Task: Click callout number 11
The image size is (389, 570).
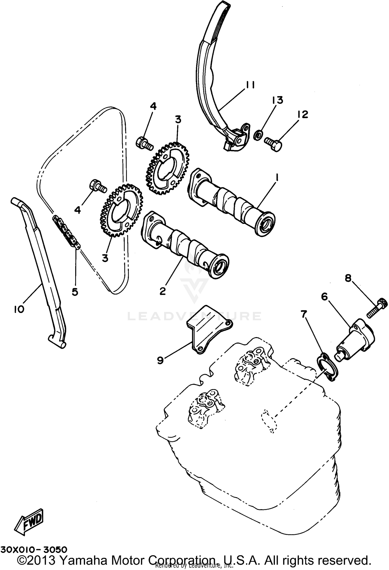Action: [x=250, y=85]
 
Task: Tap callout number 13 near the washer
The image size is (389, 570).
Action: [x=277, y=100]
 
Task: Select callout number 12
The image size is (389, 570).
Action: [x=302, y=114]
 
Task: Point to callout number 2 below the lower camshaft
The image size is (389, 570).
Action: [x=163, y=291]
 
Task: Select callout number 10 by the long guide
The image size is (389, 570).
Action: [x=19, y=309]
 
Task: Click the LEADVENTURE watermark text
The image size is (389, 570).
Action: [x=195, y=316]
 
